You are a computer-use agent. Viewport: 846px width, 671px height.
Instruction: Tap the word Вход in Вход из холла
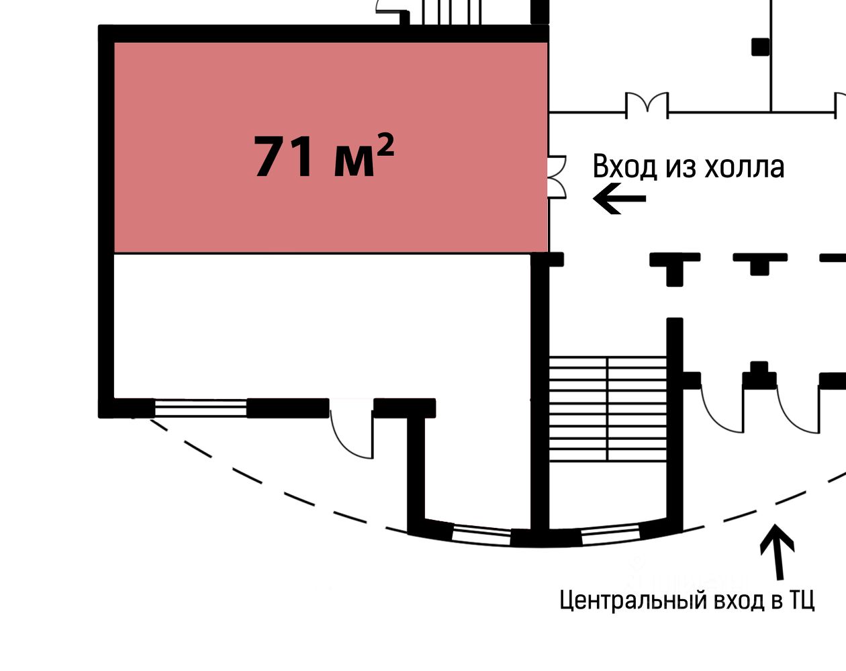[x=624, y=167]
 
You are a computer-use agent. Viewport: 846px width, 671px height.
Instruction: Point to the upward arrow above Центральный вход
[x=777, y=551]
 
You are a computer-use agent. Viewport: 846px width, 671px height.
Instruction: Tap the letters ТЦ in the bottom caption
[x=802, y=600]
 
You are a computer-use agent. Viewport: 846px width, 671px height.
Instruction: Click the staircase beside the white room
[x=608, y=409]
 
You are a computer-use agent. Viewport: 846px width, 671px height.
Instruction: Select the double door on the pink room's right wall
[x=557, y=177]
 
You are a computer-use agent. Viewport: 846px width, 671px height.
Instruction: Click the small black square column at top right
[x=760, y=46]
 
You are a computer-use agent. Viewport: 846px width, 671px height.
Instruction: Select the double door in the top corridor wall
[x=647, y=105]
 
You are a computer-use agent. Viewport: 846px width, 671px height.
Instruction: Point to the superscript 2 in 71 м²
[x=384, y=143]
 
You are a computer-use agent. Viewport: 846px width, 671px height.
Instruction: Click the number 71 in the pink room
[x=283, y=158]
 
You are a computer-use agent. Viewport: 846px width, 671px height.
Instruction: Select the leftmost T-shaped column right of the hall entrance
[x=675, y=267]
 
